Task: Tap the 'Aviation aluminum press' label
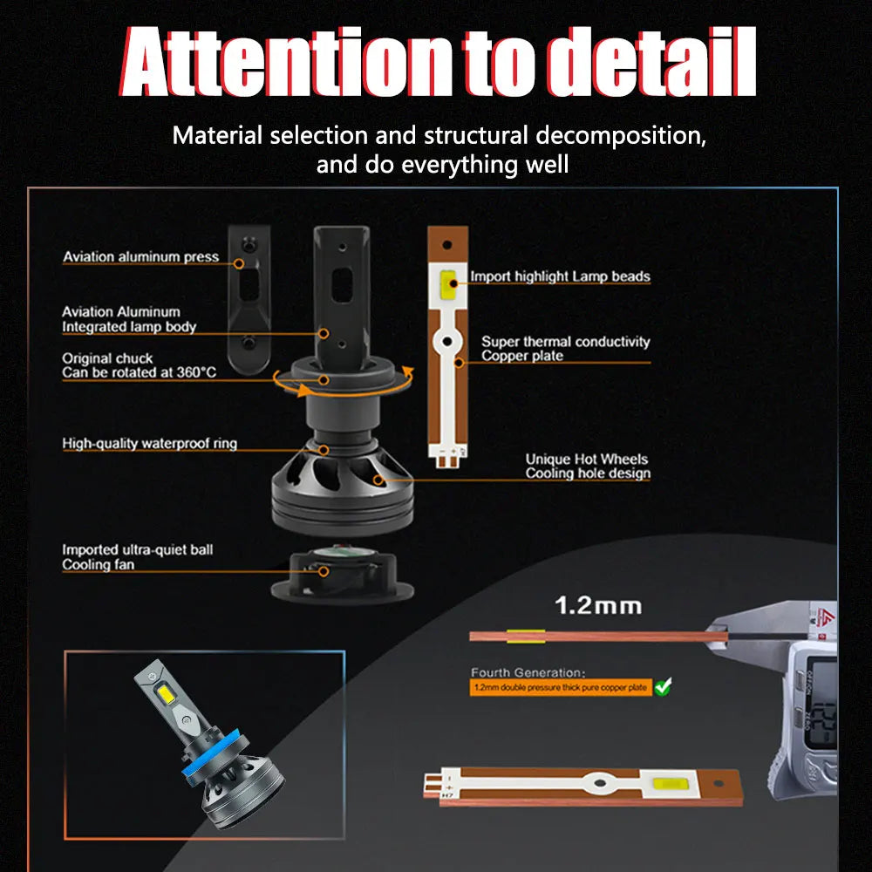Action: tap(140, 257)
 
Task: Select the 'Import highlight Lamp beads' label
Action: tap(560, 276)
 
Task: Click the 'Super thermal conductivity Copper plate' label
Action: tap(565, 349)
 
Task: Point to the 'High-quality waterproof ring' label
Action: tap(149, 444)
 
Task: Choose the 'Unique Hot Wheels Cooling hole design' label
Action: tap(587, 467)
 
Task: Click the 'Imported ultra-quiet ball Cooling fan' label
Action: tap(137, 557)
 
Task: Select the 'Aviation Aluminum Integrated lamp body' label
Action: tap(129, 319)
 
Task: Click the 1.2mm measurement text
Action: tap(597, 604)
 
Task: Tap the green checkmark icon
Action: tap(664, 687)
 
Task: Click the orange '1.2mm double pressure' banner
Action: tap(561, 688)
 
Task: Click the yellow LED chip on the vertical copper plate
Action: tap(450, 283)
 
